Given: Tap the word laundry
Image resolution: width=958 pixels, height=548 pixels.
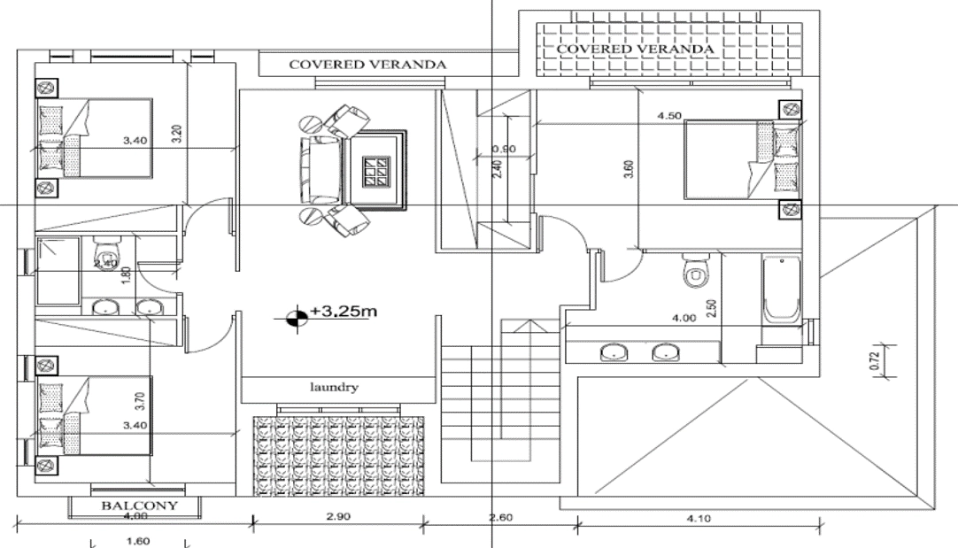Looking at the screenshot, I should [334, 387].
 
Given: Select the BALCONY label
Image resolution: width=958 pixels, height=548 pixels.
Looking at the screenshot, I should [138, 506].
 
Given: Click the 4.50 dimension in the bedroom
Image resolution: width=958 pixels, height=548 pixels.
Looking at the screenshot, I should [670, 116].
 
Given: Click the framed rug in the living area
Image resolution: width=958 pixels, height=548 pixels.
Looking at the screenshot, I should [377, 168].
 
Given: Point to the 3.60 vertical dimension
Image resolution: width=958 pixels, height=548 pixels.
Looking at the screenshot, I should [629, 169].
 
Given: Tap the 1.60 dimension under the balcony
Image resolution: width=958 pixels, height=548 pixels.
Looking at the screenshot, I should [138, 541].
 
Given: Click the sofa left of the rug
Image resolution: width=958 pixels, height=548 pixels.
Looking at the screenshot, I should [320, 168].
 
